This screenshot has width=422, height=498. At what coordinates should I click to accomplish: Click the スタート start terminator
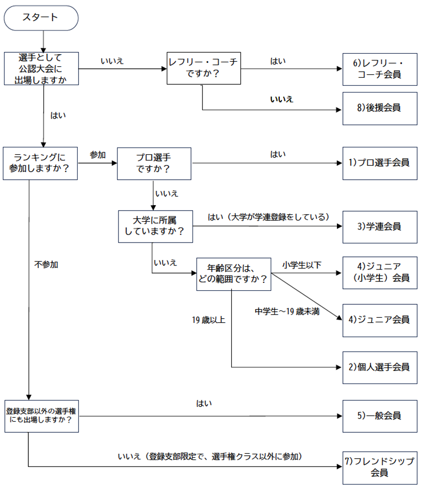pyautogui.click(x=41, y=18)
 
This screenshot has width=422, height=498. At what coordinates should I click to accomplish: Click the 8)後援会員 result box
pyautogui.click(x=380, y=108)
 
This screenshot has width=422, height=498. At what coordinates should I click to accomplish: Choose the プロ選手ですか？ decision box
pyautogui.click(x=154, y=163)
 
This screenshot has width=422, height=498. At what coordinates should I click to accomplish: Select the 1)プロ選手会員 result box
pyautogui.click(x=380, y=162)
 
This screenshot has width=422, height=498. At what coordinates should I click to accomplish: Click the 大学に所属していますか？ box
pyautogui.click(x=155, y=226)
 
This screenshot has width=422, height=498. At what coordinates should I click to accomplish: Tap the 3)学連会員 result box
pyautogui.click(x=380, y=226)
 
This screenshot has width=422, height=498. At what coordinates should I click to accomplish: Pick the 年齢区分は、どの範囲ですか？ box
pyautogui.click(x=233, y=274)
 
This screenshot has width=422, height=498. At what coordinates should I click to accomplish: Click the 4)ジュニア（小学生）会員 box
pyautogui.click(x=380, y=272)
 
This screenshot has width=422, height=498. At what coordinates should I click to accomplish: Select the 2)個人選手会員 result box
pyautogui.click(x=380, y=368)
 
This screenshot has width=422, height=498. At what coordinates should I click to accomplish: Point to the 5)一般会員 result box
pyautogui.click(x=380, y=415)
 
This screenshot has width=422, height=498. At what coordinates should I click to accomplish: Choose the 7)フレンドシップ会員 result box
pyautogui.click(x=380, y=467)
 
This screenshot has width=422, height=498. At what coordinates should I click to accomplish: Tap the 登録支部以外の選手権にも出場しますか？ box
pyautogui.click(x=41, y=416)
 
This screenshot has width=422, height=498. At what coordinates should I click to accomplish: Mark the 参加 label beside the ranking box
pyautogui.click(x=98, y=155)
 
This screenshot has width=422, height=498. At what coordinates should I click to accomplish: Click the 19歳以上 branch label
pyautogui.click(x=209, y=320)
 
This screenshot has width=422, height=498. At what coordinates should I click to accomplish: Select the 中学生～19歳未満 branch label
pyautogui.click(x=287, y=311)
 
